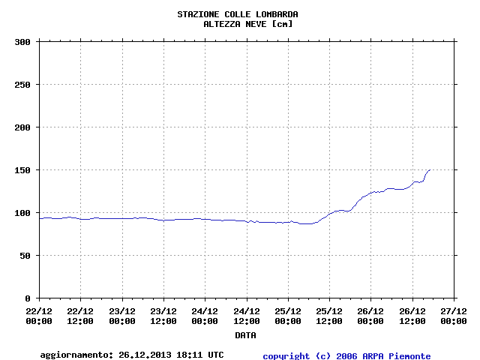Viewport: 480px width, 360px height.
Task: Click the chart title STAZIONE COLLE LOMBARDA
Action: pyautogui.click(x=237, y=14)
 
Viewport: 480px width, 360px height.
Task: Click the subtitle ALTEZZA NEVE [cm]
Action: pyautogui.click(x=247, y=24)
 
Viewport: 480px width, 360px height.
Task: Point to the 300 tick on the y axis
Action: pyautogui.click(x=22, y=42)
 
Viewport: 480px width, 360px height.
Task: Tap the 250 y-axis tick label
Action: pyautogui.click(x=22, y=85)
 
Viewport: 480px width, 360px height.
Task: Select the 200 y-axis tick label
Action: pyautogui.click(x=22, y=127)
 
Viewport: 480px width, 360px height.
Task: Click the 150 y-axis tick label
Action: pyautogui.click(x=22, y=170)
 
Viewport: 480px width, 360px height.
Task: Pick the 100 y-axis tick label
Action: pyautogui.click(x=22, y=213)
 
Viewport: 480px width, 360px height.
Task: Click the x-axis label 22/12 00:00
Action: pyautogui.click(x=39, y=316)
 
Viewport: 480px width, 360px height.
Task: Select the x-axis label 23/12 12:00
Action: pyautogui.click(x=163, y=316)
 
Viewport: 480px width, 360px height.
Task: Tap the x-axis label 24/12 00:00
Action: pyautogui.click(x=205, y=316)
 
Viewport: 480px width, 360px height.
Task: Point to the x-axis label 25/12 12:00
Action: pyautogui.click(x=329, y=316)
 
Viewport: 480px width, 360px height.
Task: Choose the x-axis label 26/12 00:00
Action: pyautogui.click(x=370, y=316)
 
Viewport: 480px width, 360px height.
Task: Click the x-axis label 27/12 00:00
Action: pyautogui.click(x=454, y=316)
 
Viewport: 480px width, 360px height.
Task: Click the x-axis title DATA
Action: pyautogui.click(x=245, y=335)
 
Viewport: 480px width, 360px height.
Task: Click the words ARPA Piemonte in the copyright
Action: pyautogui.click(x=401, y=356)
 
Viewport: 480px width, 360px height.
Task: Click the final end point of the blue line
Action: pyautogui.click(x=430, y=169)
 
